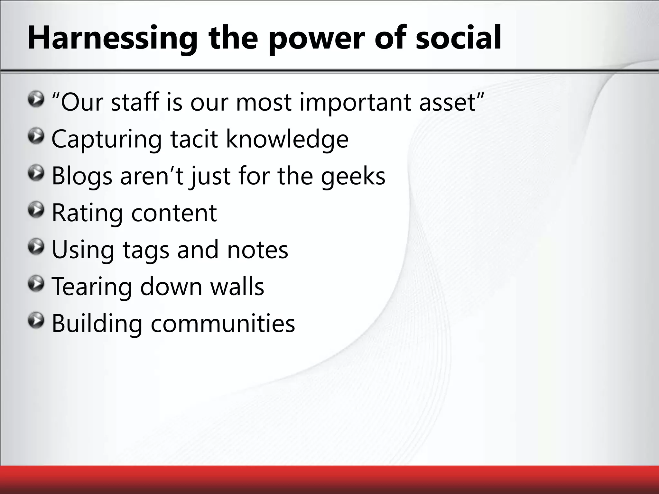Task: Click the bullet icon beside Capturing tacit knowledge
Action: pos(36,137)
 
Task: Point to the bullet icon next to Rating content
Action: pos(36,210)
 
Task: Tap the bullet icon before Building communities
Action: pos(36,321)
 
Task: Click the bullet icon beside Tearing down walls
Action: pos(36,284)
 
